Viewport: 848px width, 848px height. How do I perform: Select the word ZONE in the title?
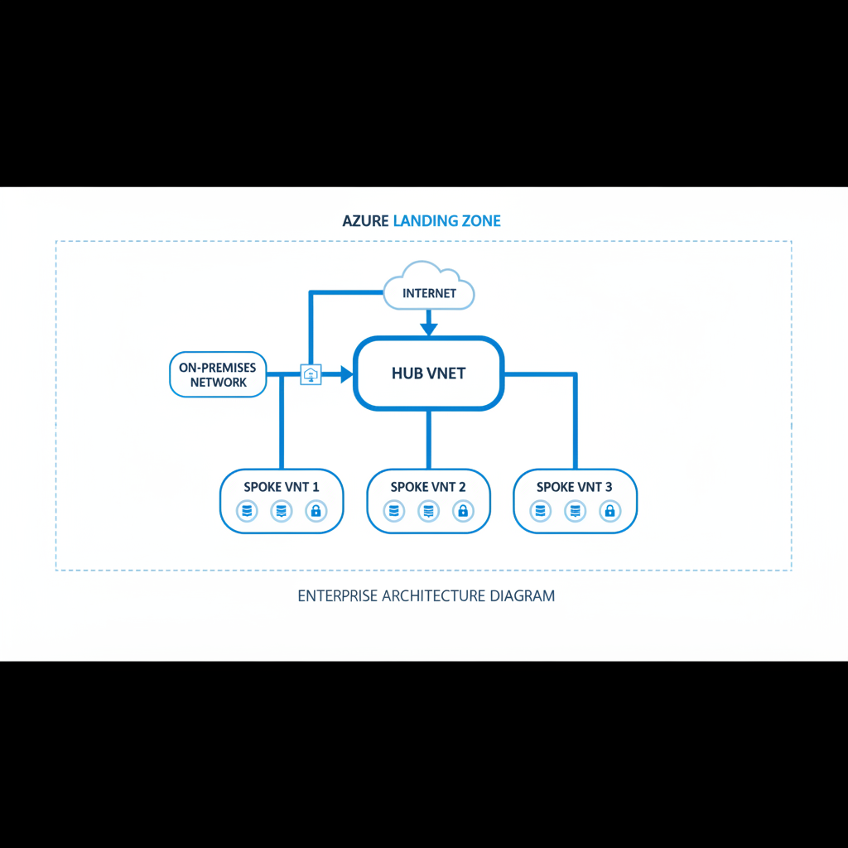pyautogui.click(x=481, y=221)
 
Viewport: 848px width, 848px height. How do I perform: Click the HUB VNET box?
pyautogui.click(x=428, y=373)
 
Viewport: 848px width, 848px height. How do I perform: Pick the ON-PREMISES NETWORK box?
pyautogui.click(x=219, y=374)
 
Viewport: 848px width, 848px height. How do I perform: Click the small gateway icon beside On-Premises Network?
pyautogui.click(x=311, y=374)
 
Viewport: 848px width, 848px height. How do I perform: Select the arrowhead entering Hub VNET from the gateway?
pyautogui.click(x=345, y=374)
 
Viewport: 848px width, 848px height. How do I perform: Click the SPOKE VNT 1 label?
pyautogui.click(x=281, y=487)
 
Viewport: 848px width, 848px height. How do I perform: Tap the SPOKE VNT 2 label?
pyautogui.click(x=428, y=487)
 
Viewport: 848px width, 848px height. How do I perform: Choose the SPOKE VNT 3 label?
pyautogui.click(x=575, y=487)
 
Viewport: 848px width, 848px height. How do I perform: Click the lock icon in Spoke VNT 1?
pyautogui.click(x=316, y=512)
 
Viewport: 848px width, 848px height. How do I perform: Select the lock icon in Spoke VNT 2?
pyautogui.click(x=463, y=512)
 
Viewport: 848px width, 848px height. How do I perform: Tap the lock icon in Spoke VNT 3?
pyautogui.click(x=609, y=512)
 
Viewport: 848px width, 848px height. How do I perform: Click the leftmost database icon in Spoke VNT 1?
pyautogui.click(x=247, y=512)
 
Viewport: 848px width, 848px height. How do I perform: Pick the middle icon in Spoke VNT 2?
pyautogui.click(x=428, y=512)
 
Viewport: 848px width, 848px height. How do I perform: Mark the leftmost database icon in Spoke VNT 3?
pyautogui.click(x=541, y=512)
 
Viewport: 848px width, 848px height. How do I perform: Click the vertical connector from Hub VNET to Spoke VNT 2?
pyautogui.click(x=428, y=439)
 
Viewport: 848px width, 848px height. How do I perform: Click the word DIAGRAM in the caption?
pyautogui.click(x=522, y=595)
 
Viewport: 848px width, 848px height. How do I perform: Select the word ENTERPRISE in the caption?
pyautogui.click(x=335, y=595)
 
